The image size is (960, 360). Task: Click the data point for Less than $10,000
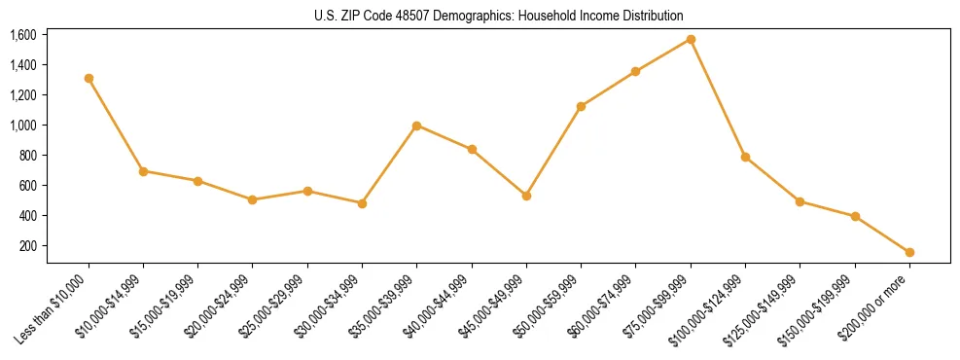(x=89, y=78)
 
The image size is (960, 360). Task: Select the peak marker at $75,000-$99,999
(x=691, y=39)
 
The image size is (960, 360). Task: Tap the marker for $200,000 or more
(x=909, y=252)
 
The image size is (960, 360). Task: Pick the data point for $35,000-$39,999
(x=416, y=126)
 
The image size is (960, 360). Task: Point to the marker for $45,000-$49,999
(x=526, y=196)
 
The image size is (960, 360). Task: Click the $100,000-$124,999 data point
(x=745, y=157)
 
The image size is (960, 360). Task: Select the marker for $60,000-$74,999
(x=635, y=71)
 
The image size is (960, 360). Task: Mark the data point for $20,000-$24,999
(x=252, y=199)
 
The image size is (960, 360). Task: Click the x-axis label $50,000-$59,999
(x=551, y=306)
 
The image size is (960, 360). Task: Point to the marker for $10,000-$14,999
(x=143, y=171)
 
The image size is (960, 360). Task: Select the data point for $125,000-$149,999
(x=800, y=201)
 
